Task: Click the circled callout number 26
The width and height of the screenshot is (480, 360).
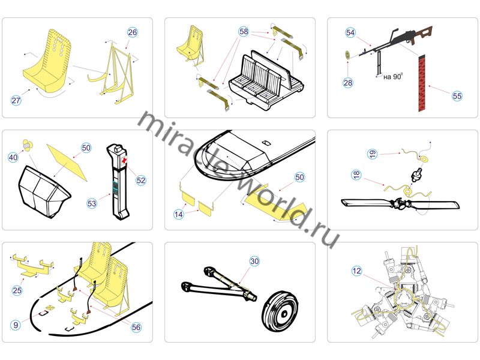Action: pos(133,32)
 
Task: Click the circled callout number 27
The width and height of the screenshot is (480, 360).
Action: pos(16,101)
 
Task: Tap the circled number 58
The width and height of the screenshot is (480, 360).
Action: pos(244,31)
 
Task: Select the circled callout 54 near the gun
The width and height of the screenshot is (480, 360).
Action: pos(351,32)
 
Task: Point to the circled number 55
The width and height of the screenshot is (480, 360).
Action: pos(457,95)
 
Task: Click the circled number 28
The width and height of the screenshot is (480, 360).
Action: pos(348,83)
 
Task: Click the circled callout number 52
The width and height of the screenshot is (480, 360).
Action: pos(141,180)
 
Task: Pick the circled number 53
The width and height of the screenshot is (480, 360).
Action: pos(92,203)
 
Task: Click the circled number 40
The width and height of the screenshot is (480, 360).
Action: pos(13,157)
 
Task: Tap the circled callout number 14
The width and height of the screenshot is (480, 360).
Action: pos(179,214)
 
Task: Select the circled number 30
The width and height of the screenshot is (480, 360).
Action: pos(254,261)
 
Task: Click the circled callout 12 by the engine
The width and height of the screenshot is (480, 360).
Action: pos(357,271)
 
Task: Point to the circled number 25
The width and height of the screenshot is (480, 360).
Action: pos(17,290)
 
